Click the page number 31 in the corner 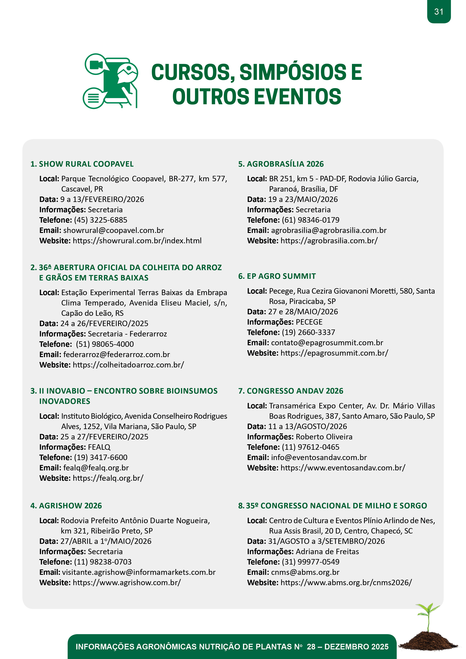(438, 12)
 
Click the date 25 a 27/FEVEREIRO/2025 (104, 437)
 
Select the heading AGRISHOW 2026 (70, 506)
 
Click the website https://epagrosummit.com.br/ (334, 353)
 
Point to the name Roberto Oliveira (324, 437)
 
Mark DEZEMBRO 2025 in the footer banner (356, 646)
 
